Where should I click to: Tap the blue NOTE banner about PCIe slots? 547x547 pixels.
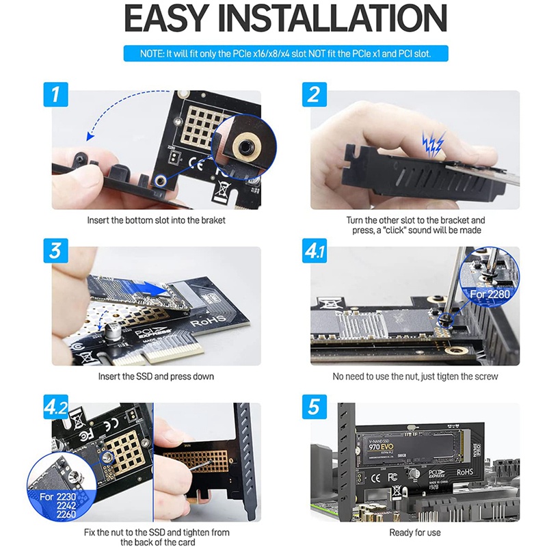click(286, 53)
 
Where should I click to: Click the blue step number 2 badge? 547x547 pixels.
click(314, 94)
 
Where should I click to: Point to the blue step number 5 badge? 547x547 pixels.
click(314, 407)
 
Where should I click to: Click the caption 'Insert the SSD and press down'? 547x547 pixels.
click(157, 376)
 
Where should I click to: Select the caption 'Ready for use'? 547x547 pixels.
click(415, 532)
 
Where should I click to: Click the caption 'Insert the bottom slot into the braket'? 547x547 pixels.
click(157, 220)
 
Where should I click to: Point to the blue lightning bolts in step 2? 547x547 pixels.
click(432, 142)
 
